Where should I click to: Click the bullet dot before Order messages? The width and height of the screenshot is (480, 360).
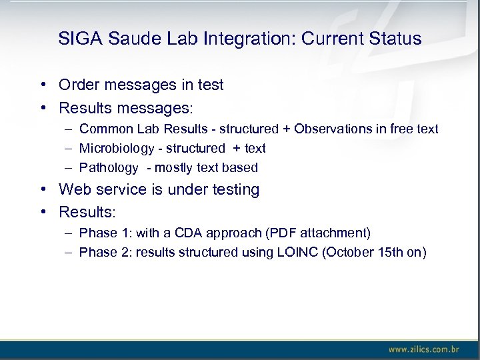pos(42,85)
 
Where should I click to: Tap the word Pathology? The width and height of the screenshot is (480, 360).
pos(109,167)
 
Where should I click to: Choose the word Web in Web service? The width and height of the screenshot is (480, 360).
pos(74,189)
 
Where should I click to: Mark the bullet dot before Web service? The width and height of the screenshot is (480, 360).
pos(42,189)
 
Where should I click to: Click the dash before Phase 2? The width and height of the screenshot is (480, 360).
pos(69,252)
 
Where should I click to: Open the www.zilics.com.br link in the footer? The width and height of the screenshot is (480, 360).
pos(423,349)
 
